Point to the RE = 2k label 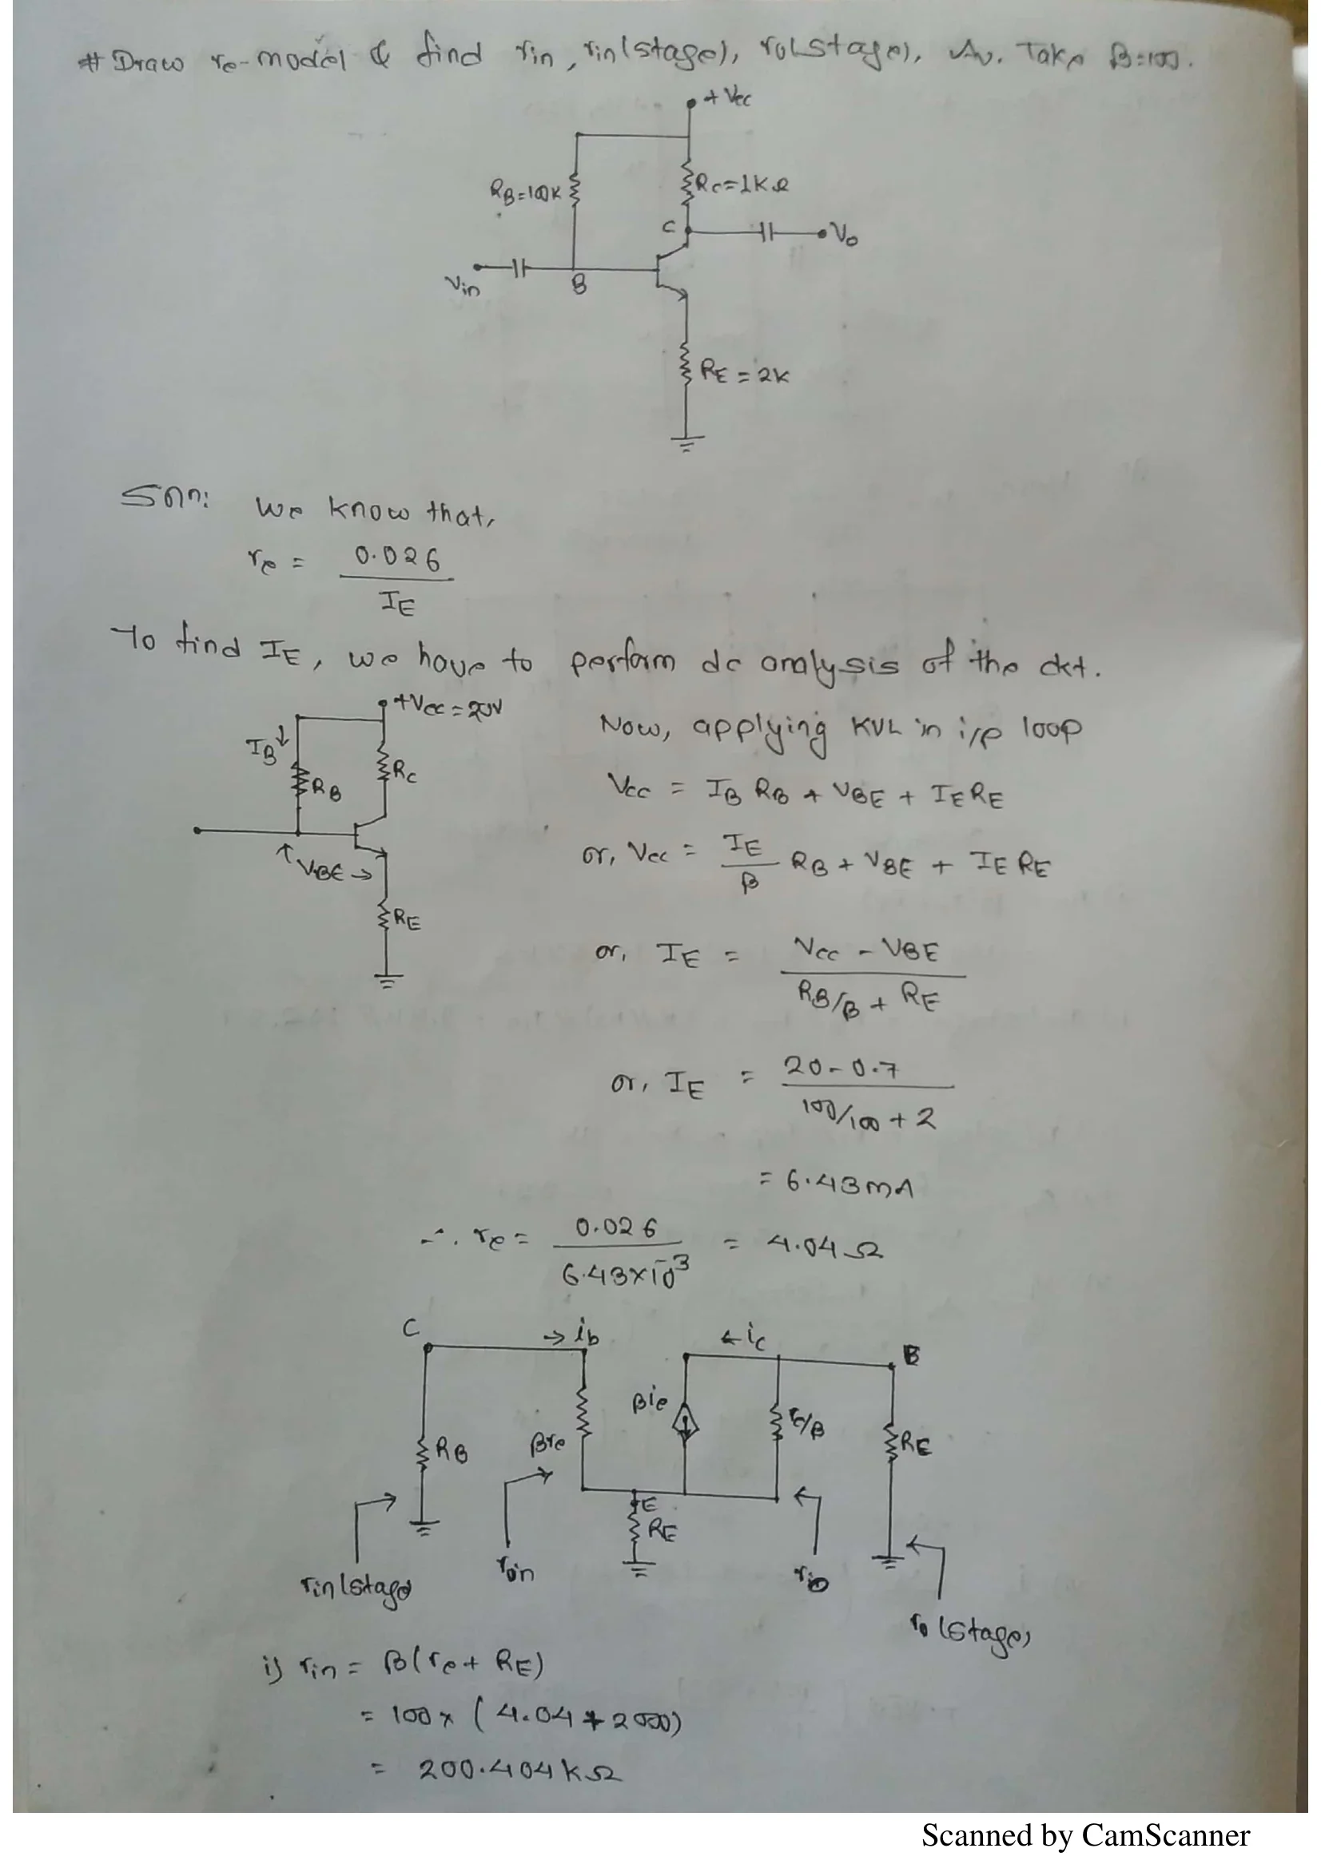click(745, 375)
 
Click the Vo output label click(846, 236)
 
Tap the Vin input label click(462, 287)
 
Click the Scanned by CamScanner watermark click(1085, 1835)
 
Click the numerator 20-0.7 click(842, 1067)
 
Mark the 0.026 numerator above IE click(396, 559)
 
